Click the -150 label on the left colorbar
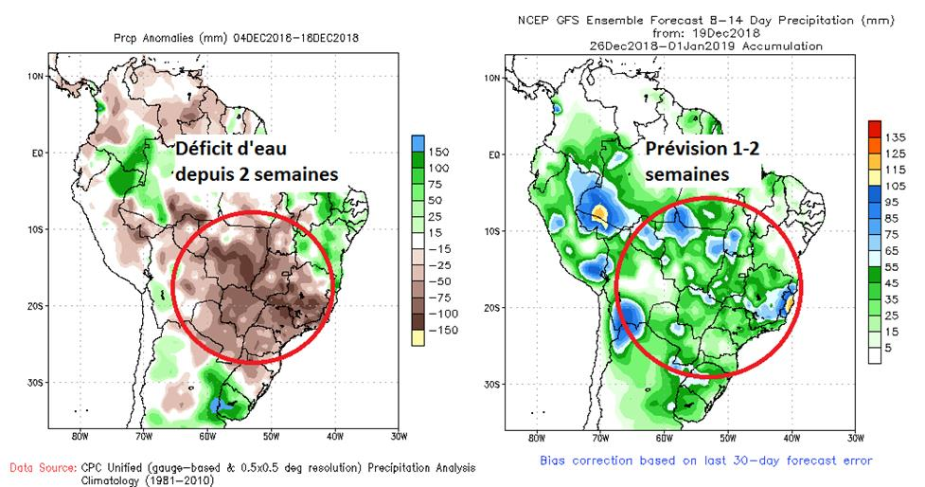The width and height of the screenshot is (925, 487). [x=440, y=330]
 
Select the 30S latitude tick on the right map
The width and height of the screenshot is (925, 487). [x=492, y=385]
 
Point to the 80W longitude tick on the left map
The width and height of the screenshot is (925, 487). [x=79, y=438]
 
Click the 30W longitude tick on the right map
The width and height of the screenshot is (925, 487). [x=856, y=438]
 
